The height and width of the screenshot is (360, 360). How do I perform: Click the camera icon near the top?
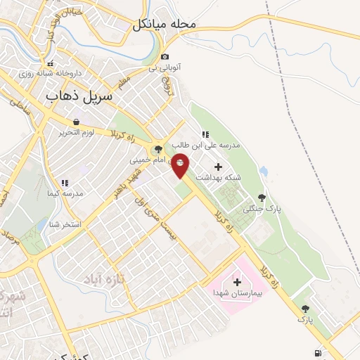coord(165,57)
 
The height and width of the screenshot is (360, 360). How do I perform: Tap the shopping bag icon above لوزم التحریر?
coord(75,122)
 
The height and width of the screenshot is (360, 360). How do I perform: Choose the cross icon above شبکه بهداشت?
coord(217,167)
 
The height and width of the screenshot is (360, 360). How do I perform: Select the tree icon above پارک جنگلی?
coord(262,198)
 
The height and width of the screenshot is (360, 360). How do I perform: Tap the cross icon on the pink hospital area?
coord(237,281)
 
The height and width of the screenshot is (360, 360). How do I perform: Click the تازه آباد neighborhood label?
coord(103,281)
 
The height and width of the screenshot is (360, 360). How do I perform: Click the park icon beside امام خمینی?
coord(157,149)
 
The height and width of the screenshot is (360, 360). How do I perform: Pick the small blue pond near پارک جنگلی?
coord(263,171)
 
